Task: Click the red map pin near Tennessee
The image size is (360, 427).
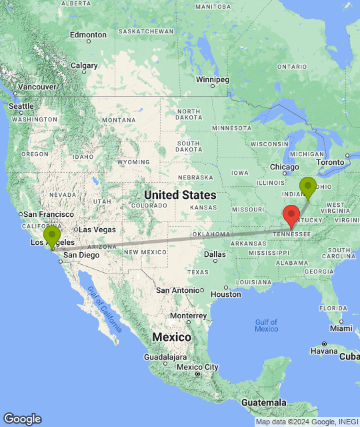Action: coord(291,216)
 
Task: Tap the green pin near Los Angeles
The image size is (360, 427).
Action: coord(52,236)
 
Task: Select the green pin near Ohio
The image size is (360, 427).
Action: coord(307,187)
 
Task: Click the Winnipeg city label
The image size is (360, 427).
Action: coord(213,79)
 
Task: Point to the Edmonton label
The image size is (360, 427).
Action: coord(88,35)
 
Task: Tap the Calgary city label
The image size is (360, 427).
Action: coord(84,65)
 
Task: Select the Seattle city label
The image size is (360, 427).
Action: coord(21,106)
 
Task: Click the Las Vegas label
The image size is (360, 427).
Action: coord(97,230)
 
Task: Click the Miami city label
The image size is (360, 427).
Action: coord(341,328)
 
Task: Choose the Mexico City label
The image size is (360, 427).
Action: coord(198,367)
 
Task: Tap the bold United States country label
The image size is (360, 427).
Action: coord(180,195)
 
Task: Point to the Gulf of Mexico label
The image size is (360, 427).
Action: coord(266,326)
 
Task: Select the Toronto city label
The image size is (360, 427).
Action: coord(329,162)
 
